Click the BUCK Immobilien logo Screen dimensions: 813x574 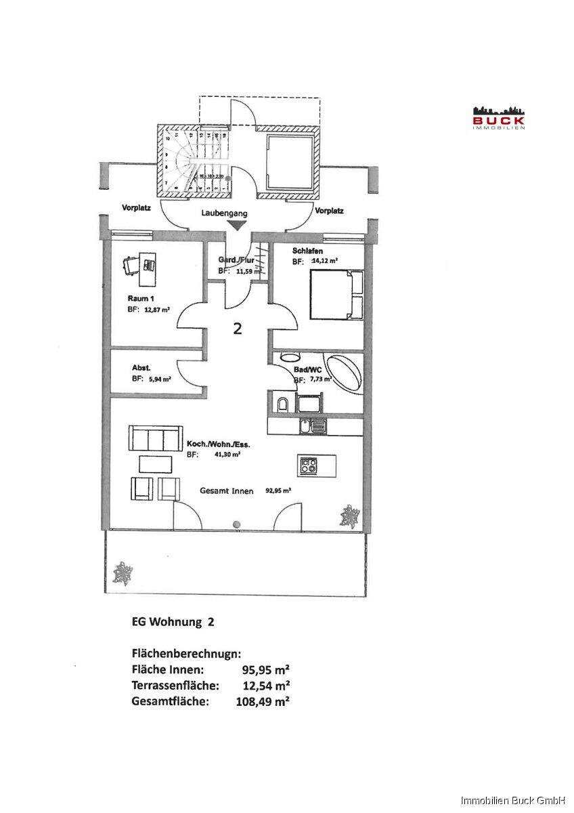pyautogui.click(x=500, y=117)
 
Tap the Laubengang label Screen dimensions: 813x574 pyautogui.click(x=224, y=213)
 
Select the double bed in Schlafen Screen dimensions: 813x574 pyautogui.click(x=336, y=294)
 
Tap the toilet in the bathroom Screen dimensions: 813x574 pyautogui.click(x=282, y=405)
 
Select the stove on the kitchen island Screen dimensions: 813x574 pyautogui.click(x=309, y=465)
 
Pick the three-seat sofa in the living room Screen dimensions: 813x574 pyautogui.click(x=156, y=440)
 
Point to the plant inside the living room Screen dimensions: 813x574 pyautogui.click(x=350, y=516)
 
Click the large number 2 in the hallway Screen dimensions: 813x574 pyautogui.click(x=237, y=329)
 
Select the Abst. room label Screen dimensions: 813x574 pyautogui.click(x=141, y=369)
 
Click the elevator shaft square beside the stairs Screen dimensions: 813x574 pyautogui.click(x=290, y=163)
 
